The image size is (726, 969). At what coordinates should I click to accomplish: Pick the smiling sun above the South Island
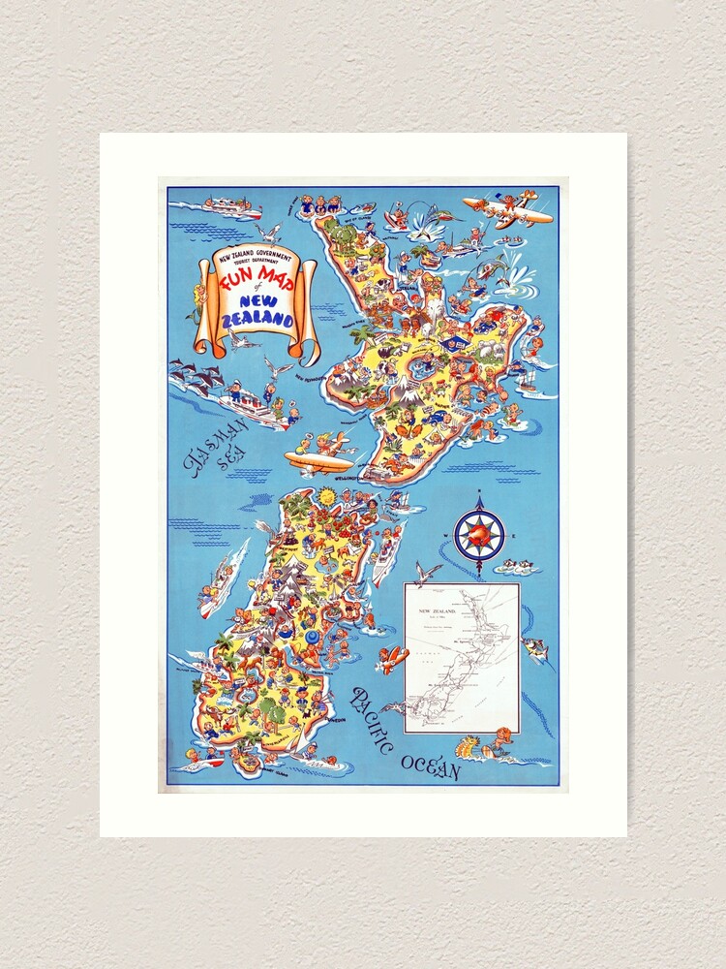[326, 498]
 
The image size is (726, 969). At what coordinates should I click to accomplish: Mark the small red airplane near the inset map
[392, 660]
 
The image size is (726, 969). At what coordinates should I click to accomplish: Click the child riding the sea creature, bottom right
[485, 744]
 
